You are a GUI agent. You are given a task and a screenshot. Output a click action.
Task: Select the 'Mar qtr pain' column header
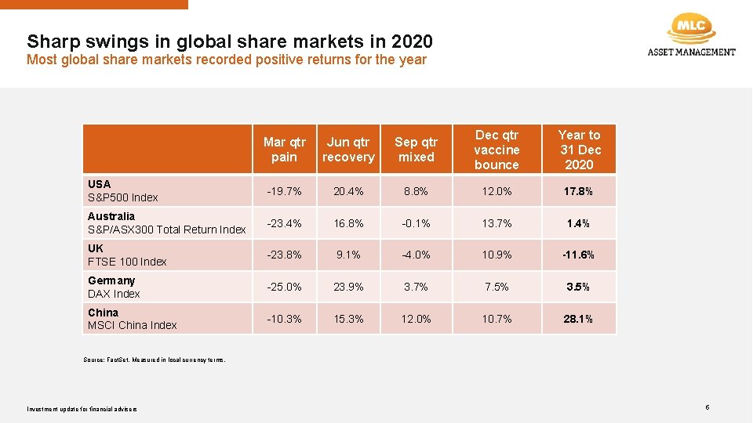pos(284,150)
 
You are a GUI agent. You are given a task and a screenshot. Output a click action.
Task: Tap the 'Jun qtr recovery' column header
pos(348,150)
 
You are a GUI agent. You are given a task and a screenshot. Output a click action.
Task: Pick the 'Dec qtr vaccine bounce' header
pos(497,150)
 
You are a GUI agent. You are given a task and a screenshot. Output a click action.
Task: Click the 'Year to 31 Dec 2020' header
pos(579,150)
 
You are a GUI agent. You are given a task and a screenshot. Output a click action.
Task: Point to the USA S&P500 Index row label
pos(123,191)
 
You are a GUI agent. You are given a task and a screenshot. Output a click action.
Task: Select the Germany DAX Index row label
pos(115,287)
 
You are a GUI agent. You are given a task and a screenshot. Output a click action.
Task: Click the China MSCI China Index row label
pos(133,319)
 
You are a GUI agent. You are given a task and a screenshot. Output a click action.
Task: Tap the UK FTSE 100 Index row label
pos(127,255)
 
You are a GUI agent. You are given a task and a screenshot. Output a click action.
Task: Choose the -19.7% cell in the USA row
pos(284,191)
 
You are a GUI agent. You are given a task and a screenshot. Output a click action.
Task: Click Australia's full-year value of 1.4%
pos(579,223)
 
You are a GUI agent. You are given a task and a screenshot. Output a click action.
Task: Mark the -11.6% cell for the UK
pos(579,255)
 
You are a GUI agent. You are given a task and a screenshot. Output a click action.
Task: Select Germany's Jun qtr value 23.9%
pos(348,287)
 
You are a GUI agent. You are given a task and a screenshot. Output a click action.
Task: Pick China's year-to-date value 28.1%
pos(579,319)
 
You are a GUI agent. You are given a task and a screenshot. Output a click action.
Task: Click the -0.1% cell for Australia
pos(416,223)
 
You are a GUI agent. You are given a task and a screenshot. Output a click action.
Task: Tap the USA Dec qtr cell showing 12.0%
pos(497,191)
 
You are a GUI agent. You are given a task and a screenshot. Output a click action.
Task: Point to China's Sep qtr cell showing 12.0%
pos(416,319)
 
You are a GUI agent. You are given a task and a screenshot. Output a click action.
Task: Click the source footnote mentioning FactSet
pos(155,360)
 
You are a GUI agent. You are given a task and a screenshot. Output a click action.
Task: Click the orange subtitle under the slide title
pos(227,60)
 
